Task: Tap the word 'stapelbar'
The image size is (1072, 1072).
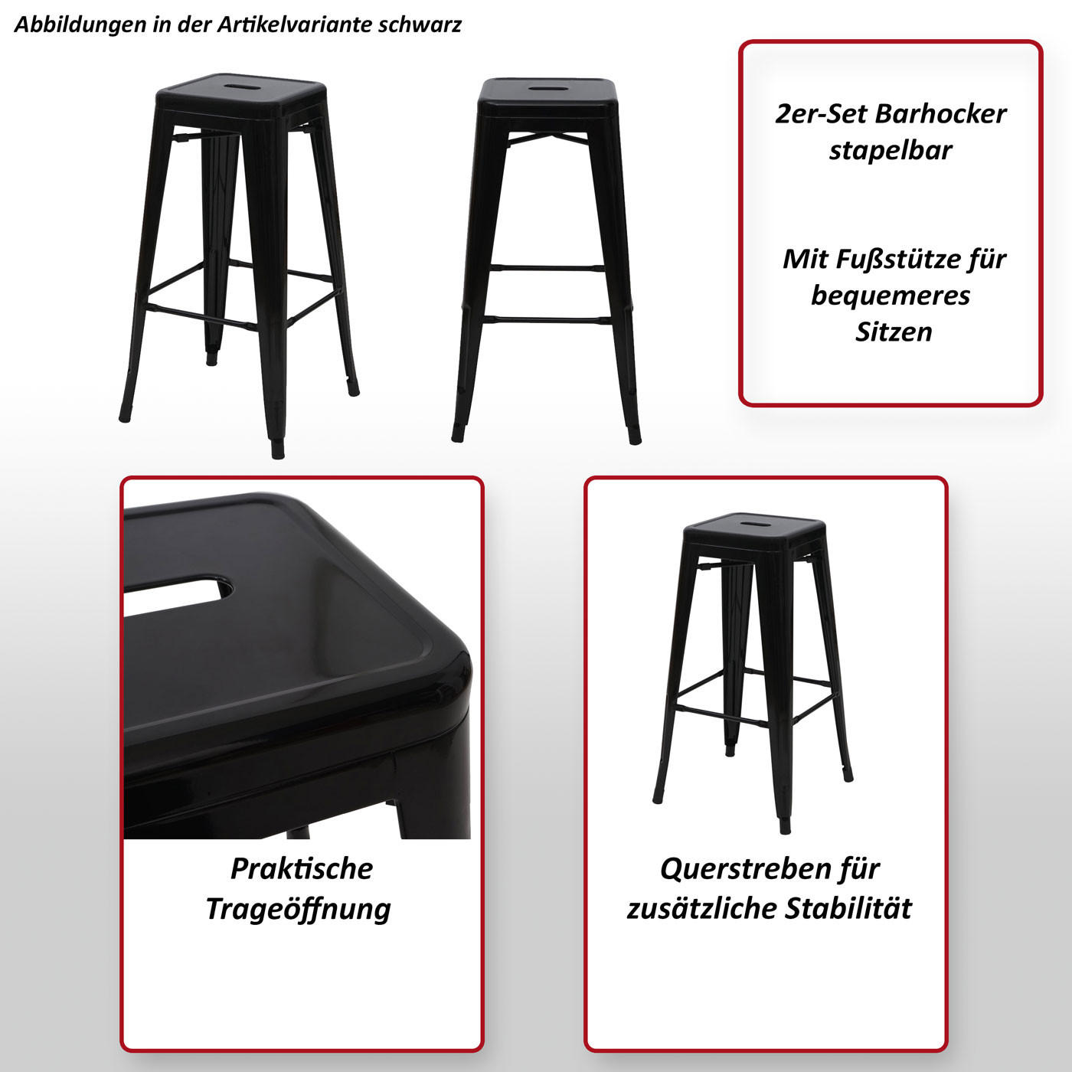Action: [x=891, y=150]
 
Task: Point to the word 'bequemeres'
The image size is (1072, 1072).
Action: [x=891, y=296]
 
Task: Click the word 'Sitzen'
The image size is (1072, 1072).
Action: [x=894, y=332]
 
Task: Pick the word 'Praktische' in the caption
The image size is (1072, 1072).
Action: [x=302, y=869]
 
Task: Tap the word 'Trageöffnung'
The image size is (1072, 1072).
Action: [x=299, y=909]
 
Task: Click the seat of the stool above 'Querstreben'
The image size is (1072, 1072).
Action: [x=754, y=527]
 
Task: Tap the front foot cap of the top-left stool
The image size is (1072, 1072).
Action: [x=277, y=449]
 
